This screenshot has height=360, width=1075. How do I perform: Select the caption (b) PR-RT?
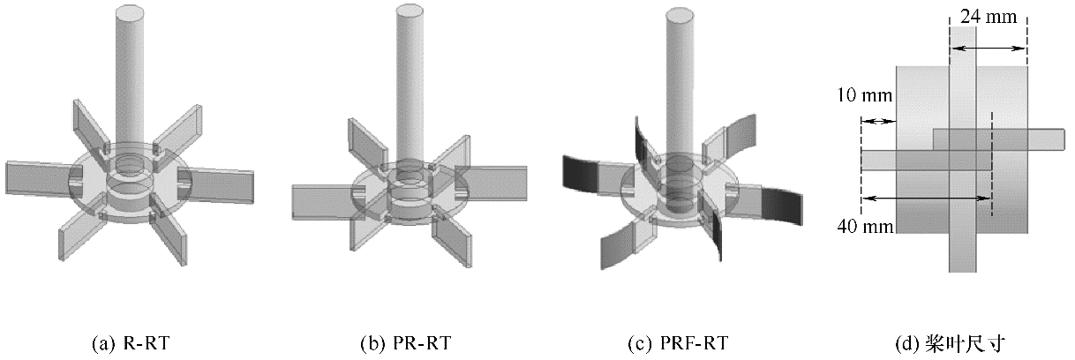(x=410, y=342)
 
